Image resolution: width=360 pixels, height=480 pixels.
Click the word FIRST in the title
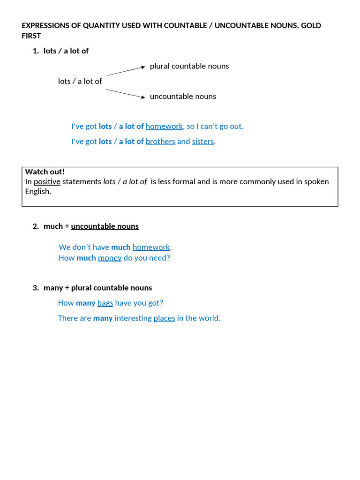click(x=31, y=36)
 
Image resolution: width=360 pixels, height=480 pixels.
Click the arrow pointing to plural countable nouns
click(x=126, y=71)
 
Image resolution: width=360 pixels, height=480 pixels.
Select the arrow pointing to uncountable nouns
click(x=125, y=93)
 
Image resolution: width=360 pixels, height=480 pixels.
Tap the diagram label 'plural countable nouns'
click(x=189, y=66)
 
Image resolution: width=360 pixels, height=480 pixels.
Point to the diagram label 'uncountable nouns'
click(x=183, y=97)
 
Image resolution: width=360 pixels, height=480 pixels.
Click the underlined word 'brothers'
click(x=160, y=142)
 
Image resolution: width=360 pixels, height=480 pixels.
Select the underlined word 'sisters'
click(x=203, y=142)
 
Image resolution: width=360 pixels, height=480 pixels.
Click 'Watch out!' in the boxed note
click(x=45, y=172)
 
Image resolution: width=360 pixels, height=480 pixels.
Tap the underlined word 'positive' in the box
click(x=47, y=182)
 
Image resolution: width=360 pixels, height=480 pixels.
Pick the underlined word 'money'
click(x=110, y=258)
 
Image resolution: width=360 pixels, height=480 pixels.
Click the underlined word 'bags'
click(x=105, y=303)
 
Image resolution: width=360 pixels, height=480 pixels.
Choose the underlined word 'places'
click(x=164, y=318)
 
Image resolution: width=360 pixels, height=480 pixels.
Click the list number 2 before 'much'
click(x=36, y=226)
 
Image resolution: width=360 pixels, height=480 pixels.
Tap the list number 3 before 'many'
click(x=36, y=288)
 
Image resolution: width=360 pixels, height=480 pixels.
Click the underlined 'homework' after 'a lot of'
click(x=164, y=127)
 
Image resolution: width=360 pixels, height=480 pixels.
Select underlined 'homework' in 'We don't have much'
click(x=151, y=247)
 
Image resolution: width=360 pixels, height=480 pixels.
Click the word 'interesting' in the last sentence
click(x=133, y=318)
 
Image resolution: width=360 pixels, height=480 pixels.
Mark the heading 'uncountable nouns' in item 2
click(x=105, y=226)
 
